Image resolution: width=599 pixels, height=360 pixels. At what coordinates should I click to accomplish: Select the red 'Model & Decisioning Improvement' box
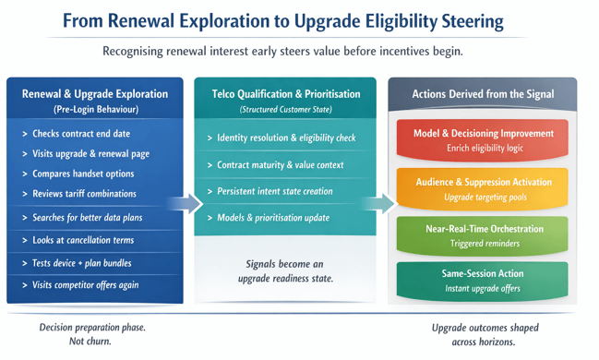pyautogui.click(x=483, y=139)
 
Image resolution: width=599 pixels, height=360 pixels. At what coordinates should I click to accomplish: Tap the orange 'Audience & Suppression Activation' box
pyautogui.click(x=483, y=188)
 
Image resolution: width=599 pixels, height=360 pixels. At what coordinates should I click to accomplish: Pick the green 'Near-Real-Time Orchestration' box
pyautogui.click(x=483, y=235)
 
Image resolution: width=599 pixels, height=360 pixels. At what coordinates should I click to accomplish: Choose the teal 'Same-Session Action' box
pyautogui.click(x=483, y=281)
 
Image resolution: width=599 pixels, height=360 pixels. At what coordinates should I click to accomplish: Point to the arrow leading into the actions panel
pyautogui.click(x=377, y=203)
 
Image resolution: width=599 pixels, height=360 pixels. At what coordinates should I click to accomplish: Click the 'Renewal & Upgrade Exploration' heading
pyautogui.click(x=95, y=94)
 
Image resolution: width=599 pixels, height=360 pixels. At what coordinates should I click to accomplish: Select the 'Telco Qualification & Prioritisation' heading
pyautogui.click(x=284, y=94)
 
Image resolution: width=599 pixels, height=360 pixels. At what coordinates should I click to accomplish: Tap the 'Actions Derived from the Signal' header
pyautogui.click(x=483, y=94)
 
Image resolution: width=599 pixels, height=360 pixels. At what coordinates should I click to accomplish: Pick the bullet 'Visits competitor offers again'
pyautogui.click(x=85, y=284)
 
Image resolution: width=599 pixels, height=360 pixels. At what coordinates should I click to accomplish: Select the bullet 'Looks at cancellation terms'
pyautogui.click(x=83, y=240)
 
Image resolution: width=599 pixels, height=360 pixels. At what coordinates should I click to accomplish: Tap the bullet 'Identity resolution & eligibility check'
pyautogui.click(x=285, y=138)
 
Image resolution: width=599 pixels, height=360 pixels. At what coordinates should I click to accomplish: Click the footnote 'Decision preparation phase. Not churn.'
pyautogui.click(x=92, y=334)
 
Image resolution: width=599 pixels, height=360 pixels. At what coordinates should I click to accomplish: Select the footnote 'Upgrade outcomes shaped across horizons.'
pyautogui.click(x=485, y=334)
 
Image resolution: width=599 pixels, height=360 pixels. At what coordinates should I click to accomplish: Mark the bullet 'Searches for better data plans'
pyautogui.click(x=88, y=217)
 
